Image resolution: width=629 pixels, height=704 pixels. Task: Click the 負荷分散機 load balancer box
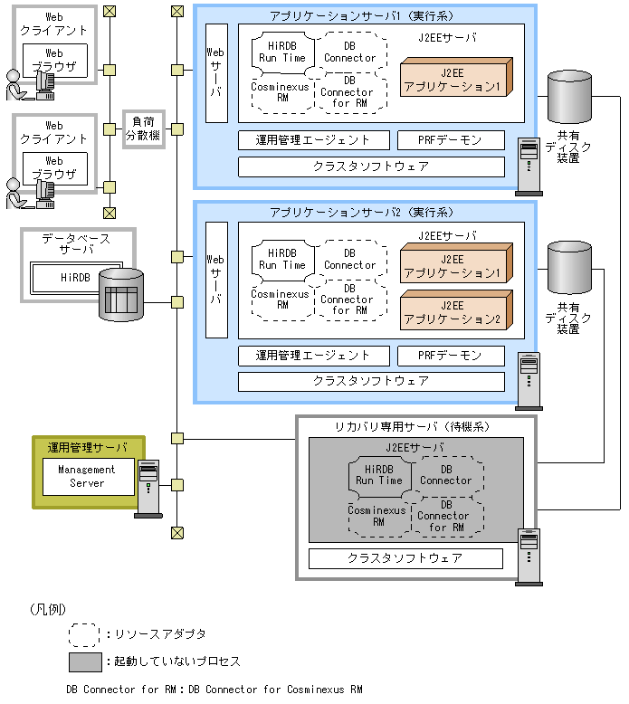(143, 128)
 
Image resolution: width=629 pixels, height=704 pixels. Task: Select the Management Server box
(87, 476)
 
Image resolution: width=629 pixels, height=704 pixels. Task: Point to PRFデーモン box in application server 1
(451, 140)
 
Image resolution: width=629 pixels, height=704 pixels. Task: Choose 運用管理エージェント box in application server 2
(313, 356)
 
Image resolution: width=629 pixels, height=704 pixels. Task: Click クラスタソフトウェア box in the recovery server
(405, 558)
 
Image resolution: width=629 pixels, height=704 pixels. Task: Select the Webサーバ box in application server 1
(216, 72)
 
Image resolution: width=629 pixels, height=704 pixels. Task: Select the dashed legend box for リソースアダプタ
(83, 633)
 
